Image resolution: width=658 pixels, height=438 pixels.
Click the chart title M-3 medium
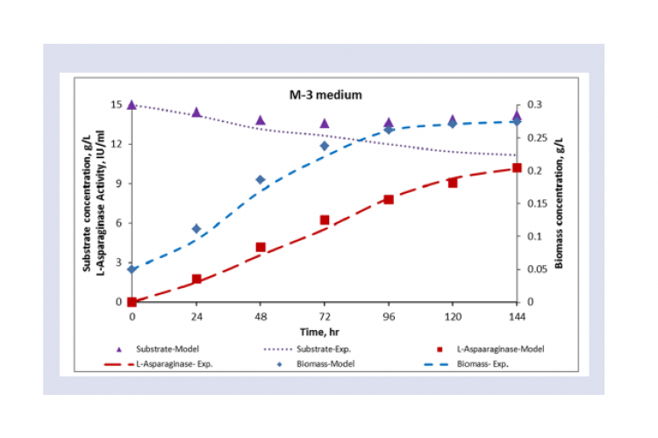pyautogui.click(x=326, y=92)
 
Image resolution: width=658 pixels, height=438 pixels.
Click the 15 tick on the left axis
pyautogui.click(x=117, y=104)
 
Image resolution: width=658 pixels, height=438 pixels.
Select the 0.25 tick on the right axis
pyautogui.click(x=535, y=138)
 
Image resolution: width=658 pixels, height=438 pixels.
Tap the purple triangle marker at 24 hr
pyautogui.click(x=197, y=112)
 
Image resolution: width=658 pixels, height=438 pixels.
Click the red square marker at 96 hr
pyautogui.click(x=389, y=199)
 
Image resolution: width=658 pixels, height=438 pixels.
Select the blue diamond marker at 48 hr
pyautogui.click(x=261, y=180)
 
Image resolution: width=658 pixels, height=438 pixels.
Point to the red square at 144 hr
pyautogui.click(x=517, y=168)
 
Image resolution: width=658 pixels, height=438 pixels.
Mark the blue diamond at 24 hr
pyautogui.click(x=197, y=228)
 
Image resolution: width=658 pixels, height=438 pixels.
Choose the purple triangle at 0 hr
pyautogui.click(x=132, y=104)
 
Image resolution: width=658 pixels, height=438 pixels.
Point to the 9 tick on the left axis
pyautogui.click(x=120, y=183)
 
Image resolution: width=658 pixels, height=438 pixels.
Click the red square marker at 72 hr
pyautogui.click(x=325, y=220)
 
